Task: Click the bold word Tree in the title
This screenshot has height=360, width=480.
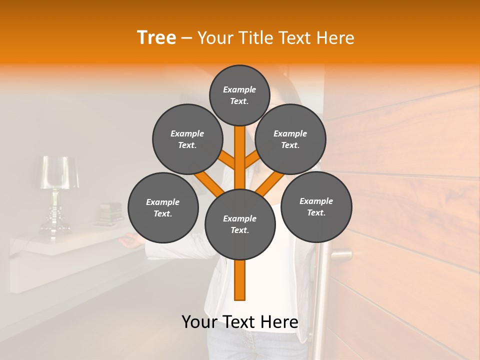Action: (156, 37)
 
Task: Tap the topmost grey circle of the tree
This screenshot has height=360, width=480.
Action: (239, 95)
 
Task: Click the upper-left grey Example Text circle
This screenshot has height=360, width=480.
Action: (187, 139)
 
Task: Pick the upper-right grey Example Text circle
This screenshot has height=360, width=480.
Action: (290, 139)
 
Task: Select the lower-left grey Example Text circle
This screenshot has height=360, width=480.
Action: (162, 207)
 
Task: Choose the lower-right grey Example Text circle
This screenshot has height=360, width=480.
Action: (316, 206)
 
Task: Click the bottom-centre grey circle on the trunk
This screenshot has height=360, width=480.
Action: (239, 224)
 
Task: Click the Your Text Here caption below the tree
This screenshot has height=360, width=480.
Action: (239, 321)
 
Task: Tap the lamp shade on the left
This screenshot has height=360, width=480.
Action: (59, 172)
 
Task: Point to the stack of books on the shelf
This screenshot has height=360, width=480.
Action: (110, 212)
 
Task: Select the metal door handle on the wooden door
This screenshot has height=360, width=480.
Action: (340, 254)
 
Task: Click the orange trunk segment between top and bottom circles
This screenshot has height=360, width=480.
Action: (240, 160)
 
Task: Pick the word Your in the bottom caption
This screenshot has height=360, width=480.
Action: (200, 321)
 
